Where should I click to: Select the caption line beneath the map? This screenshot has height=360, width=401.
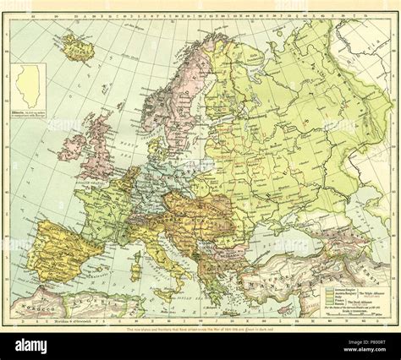pyautogui.click(x=200, y=329)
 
